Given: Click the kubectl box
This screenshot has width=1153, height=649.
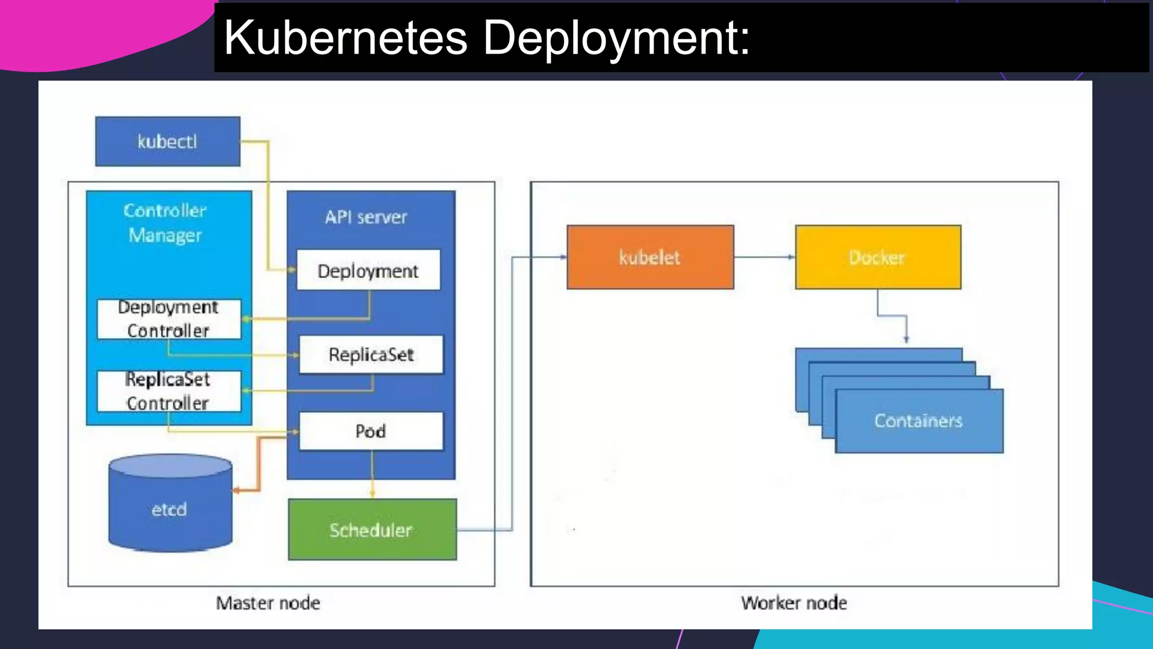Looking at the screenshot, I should (167, 141).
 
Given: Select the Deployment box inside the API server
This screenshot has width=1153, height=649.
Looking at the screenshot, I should (368, 270).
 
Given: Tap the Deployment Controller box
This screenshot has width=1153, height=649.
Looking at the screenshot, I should (168, 319).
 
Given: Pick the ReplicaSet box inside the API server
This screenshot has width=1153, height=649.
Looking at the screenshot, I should (371, 354).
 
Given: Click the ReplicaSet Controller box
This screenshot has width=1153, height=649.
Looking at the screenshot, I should (168, 391).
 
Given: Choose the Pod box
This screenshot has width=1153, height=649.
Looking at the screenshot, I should (371, 431).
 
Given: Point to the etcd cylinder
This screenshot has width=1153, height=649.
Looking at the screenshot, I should (169, 507).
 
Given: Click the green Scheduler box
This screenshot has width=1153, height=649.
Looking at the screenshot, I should (372, 530).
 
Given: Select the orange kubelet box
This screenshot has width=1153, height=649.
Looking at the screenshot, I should (650, 257).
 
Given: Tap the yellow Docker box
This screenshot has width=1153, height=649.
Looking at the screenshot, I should (878, 257).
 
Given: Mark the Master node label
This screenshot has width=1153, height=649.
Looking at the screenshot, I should (268, 603).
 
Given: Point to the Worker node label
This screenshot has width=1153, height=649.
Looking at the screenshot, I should (794, 603).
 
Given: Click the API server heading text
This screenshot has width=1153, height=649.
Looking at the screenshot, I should (366, 217).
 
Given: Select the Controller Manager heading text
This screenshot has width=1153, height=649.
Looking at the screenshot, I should (165, 223).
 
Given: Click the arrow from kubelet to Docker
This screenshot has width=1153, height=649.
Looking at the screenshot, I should (765, 257).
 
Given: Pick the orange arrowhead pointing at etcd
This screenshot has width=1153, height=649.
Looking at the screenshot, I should (237, 491).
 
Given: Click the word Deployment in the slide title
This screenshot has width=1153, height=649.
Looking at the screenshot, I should (616, 38).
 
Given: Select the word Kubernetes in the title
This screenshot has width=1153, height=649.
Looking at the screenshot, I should (346, 38).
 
